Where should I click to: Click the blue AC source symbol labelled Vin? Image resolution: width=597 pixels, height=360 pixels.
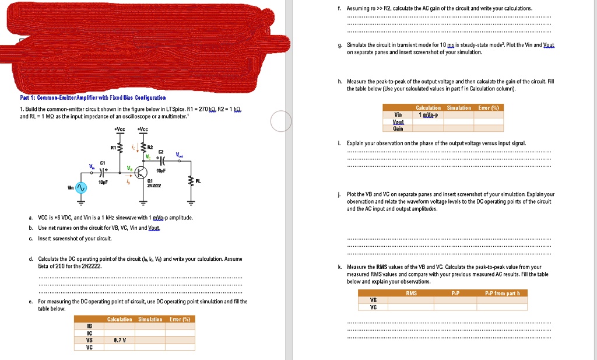coord(80,189)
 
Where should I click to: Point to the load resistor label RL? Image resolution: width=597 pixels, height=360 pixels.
coord(199,181)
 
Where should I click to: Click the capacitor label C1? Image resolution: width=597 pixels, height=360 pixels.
coord(103,163)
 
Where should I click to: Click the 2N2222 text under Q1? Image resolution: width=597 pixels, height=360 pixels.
coord(153,186)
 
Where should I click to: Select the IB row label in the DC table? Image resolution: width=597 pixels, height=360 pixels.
coord(89,326)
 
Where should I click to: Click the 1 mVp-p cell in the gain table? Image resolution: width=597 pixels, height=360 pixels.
coord(429,114)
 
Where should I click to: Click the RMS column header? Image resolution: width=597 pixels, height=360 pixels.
coord(411,293)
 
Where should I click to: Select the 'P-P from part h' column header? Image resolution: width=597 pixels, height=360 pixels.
coord(505,293)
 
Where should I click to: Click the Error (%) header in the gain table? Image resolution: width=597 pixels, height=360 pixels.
coord(488,107)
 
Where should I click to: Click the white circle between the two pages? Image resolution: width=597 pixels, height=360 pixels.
coord(281,121)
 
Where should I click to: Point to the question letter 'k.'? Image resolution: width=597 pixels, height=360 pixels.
coord(339,267)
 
